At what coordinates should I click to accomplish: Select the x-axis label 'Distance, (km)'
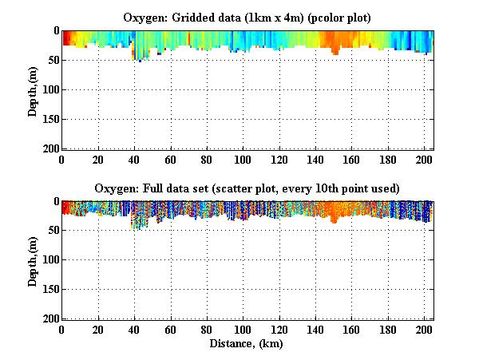247,344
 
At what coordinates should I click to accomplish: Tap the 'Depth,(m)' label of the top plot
33,89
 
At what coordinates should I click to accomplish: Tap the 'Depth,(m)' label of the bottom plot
33,260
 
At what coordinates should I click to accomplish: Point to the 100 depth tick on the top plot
49,89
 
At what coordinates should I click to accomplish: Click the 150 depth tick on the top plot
49,119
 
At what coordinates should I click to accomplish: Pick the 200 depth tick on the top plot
49,148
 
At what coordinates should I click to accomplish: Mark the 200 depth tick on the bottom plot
49,319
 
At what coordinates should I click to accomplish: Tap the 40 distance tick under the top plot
134,159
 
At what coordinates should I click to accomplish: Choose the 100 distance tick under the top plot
243,159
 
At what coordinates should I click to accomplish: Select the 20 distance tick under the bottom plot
98,330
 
